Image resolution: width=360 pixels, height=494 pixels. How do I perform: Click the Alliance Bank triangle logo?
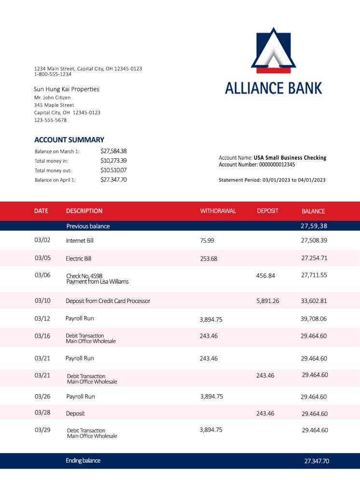(x=273, y=50)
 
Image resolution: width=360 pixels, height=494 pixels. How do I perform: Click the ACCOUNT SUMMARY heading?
(x=69, y=140)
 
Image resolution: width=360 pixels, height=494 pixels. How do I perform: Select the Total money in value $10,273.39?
(x=113, y=161)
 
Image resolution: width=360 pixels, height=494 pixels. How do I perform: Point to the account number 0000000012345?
(x=277, y=165)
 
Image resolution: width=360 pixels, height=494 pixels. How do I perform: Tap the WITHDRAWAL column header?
(x=218, y=211)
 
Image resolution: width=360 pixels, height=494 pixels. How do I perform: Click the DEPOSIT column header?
(x=267, y=211)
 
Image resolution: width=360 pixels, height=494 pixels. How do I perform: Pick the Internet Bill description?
(x=80, y=240)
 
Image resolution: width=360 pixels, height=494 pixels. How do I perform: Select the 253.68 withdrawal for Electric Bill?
(x=208, y=259)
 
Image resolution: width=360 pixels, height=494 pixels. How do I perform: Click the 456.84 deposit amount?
(x=265, y=275)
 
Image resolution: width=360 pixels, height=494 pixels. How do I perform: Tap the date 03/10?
(x=42, y=301)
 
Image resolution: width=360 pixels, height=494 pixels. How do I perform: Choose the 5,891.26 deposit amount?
(x=267, y=301)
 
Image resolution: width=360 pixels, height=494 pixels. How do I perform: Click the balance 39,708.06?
(x=314, y=319)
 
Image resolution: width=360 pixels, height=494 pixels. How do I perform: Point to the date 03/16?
(x=42, y=336)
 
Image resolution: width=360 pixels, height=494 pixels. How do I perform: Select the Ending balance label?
(x=83, y=461)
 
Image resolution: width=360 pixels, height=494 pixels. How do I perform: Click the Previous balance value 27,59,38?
(x=314, y=226)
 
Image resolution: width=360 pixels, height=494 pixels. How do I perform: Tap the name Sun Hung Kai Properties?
(x=67, y=89)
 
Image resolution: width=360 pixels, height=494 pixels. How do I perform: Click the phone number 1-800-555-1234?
(x=53, y=74)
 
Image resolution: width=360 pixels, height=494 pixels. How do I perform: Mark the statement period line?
(x=272, y=180)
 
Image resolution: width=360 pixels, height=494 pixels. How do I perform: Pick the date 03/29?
(x=42, y=430)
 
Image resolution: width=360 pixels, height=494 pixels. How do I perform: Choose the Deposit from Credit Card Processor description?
(x=108, y=301)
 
